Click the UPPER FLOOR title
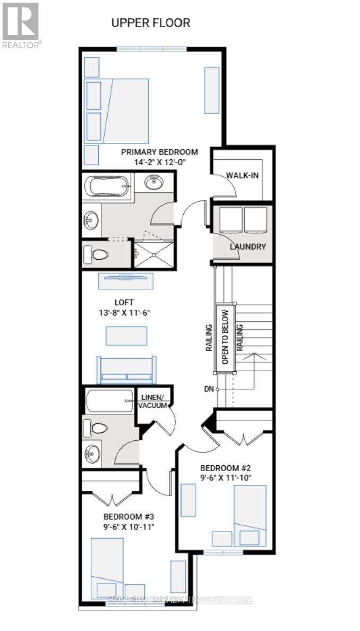[150, 23]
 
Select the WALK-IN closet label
[242, 175]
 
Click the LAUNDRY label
[247, 246]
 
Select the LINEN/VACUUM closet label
[153, 402]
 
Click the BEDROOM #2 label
[225, 468]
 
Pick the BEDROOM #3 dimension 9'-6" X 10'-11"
[129, 527]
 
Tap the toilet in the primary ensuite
[97, 254]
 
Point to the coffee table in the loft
[126, 336]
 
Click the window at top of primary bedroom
[151, 49]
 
